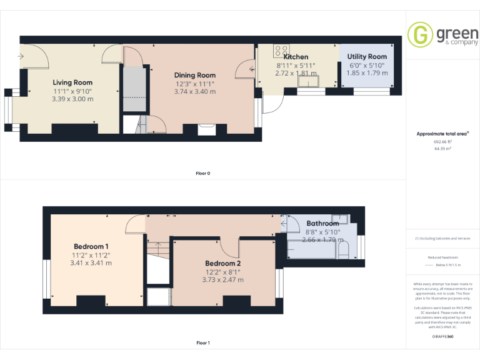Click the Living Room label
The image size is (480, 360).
72,82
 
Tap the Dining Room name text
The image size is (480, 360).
194,76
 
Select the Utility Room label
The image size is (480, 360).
367,57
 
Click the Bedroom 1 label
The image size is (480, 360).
91,246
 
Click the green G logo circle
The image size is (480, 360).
419,34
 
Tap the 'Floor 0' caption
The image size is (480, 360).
203,173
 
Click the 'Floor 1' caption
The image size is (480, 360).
203,343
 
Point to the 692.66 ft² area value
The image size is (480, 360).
443,142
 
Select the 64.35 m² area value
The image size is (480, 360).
443,149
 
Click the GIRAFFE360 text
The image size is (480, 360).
443,337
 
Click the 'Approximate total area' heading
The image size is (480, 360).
442,134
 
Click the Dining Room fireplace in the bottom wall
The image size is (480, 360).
206,129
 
